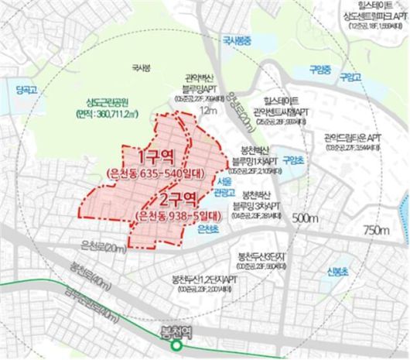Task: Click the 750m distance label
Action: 378,230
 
